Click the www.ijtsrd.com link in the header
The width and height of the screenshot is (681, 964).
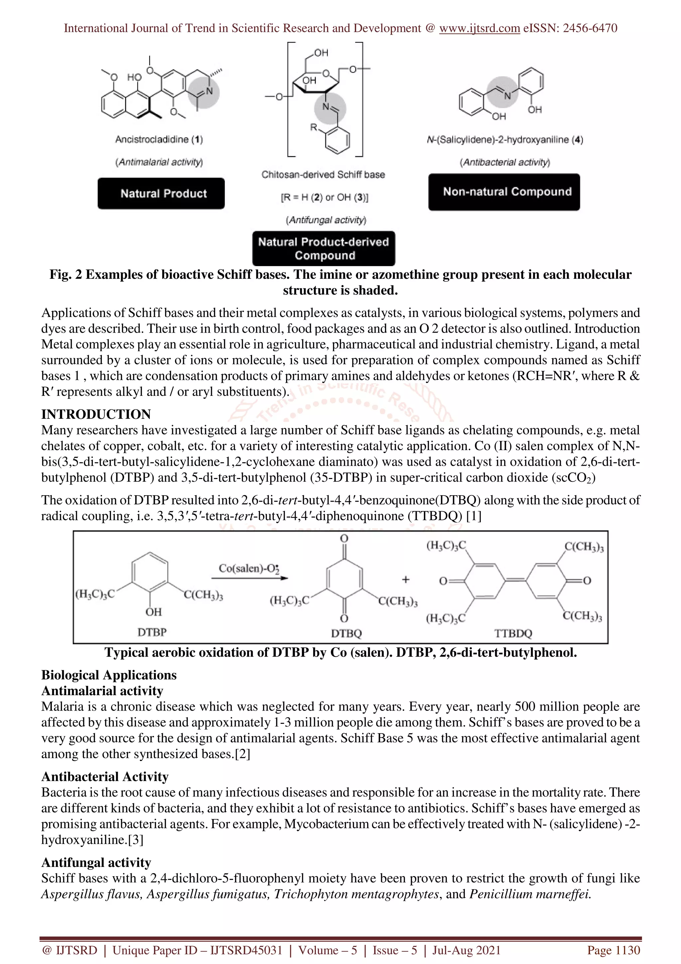[479, 28]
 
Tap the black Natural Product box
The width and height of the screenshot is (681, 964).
[161, 194]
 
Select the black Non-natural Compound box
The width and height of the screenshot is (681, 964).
[504, 192]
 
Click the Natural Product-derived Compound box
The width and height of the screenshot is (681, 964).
[324, 248]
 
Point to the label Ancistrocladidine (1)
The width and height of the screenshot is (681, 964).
[159, 139]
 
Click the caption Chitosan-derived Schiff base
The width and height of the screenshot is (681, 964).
[323, 175]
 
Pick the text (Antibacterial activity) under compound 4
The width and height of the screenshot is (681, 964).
[505, 162]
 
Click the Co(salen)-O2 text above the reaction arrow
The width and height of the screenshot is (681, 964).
[249, 568]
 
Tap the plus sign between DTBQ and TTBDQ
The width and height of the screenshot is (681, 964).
[405, 580]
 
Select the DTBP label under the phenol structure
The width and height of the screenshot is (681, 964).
[152, 632]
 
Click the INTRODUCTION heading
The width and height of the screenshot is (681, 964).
[96, 414]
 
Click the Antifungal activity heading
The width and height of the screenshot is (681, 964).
[96, 863]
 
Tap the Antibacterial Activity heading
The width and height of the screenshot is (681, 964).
[105, 777]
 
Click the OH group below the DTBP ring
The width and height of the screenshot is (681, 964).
[154, 612]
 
